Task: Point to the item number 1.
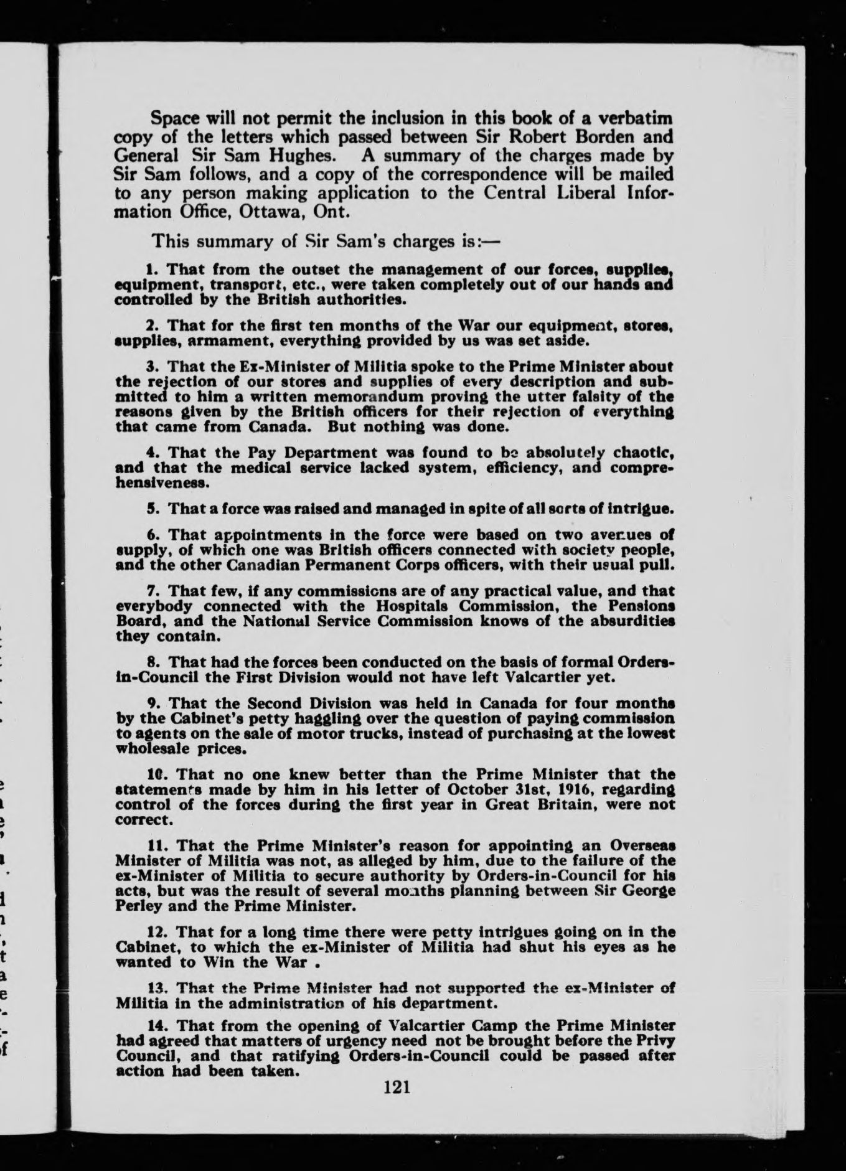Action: pos(149,270)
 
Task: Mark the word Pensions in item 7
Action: pos(643,606)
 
